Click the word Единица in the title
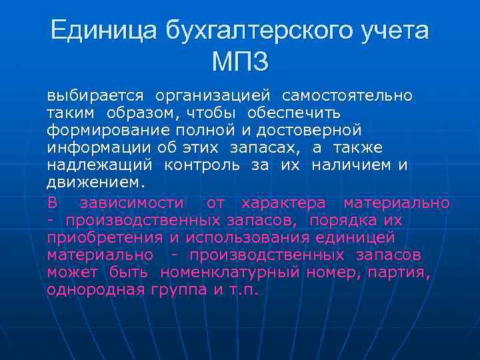tap(94, 31)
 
